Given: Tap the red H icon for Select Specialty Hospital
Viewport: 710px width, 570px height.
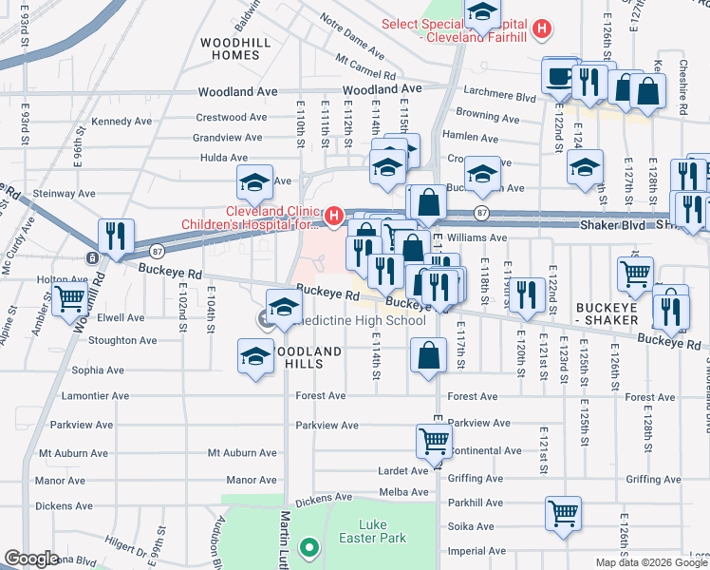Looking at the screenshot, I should [541, 29].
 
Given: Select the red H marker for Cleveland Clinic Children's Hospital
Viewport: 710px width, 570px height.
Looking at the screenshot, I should [333, 218].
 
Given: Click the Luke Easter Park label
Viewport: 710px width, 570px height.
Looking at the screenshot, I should [383, 531].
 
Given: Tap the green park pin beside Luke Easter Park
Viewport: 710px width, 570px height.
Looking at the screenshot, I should [308, 548].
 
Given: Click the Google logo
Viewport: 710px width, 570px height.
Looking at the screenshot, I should [31, 559].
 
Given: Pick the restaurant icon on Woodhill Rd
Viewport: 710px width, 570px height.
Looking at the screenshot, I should [116, 237].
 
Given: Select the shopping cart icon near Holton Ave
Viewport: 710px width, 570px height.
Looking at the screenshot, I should [71, 298].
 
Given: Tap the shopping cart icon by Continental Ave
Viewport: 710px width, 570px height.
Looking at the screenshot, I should [434, 441].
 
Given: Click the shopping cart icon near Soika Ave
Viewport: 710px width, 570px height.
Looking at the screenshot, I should [563, 513].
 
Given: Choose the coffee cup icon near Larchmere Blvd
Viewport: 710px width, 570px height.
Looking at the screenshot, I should [559, 76].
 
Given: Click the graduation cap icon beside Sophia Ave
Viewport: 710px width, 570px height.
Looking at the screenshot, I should [254, 356].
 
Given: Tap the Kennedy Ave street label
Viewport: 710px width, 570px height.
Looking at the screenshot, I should [122, 122].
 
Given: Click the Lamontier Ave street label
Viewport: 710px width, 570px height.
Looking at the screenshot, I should [93, 396].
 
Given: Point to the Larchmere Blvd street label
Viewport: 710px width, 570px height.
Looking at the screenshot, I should [500, 96].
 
